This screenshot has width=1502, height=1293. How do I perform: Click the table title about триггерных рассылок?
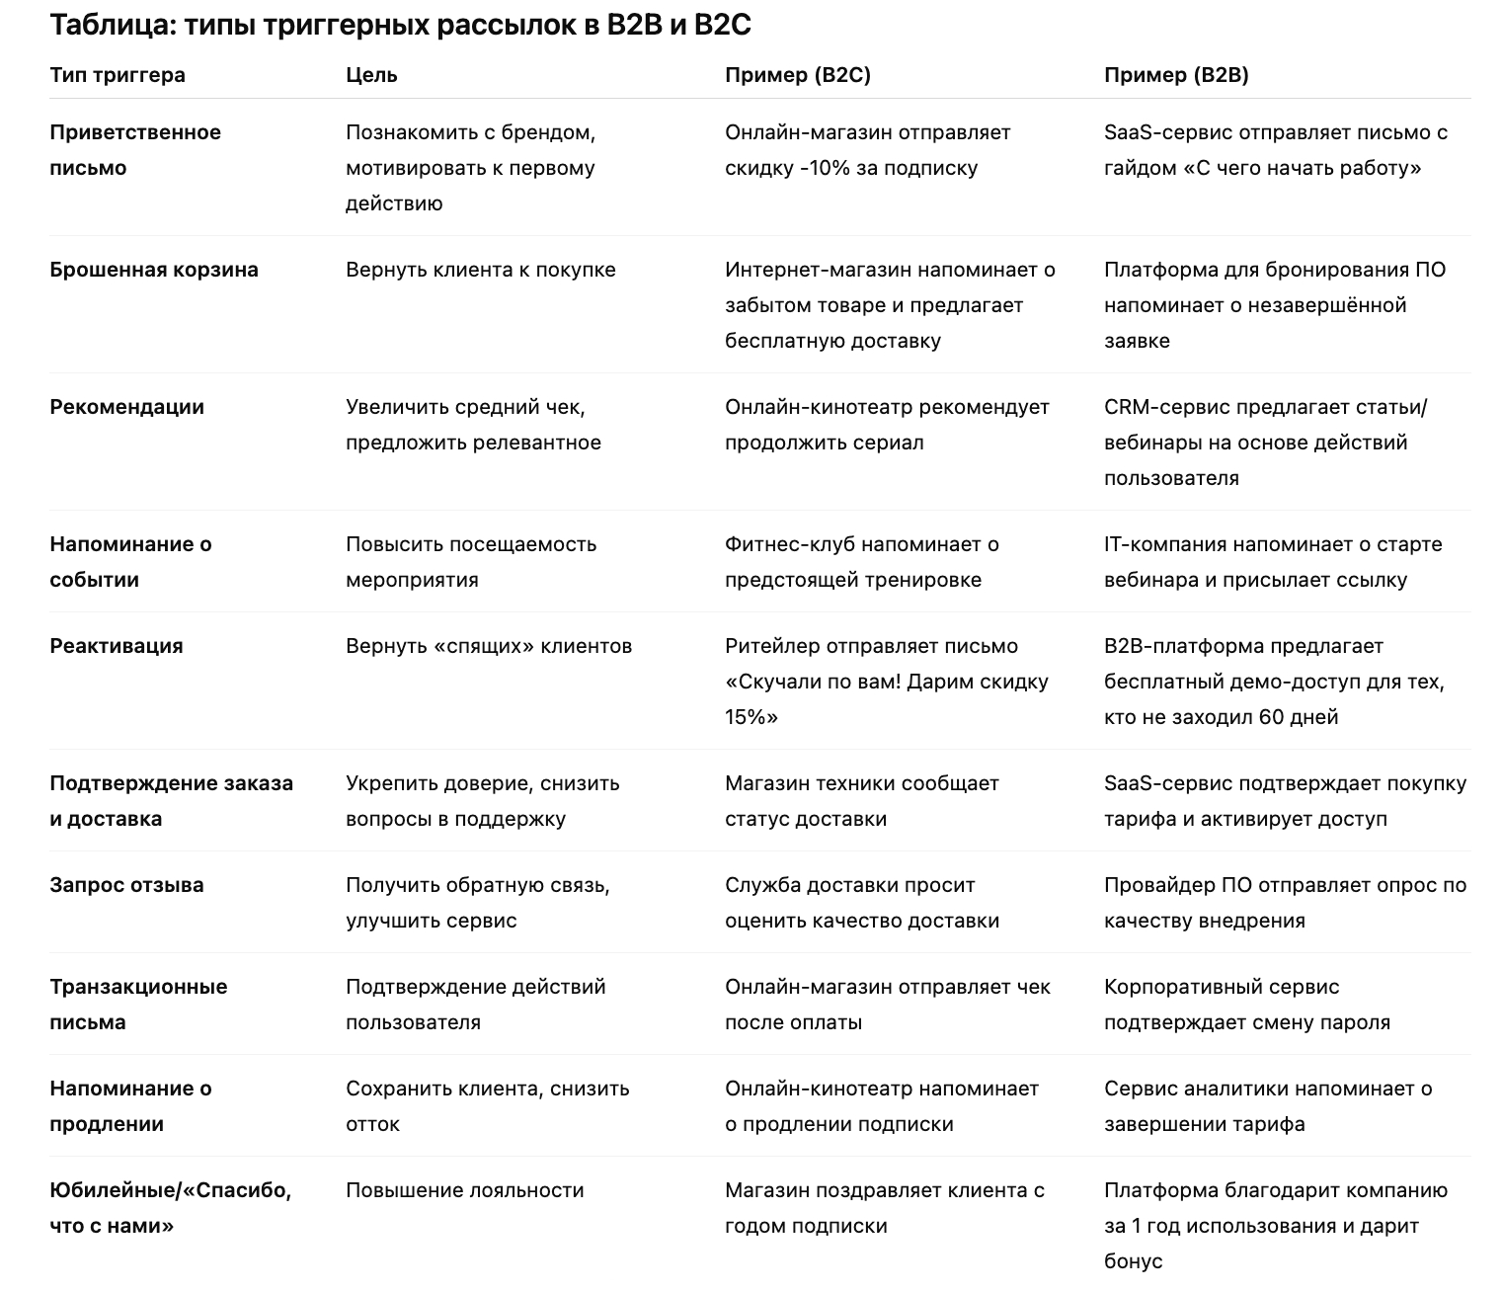tap(400, 25)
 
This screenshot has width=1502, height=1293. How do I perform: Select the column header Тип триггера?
tap(117, 75)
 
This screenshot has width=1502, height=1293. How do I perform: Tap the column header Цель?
tap(371, 75)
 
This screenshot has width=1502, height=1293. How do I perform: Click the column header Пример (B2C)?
tap(797, 75)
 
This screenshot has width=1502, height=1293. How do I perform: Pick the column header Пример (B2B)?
tap(1175, 75)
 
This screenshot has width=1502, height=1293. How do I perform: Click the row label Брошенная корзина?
tap(153, 270)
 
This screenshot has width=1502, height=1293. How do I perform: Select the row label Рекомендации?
tap(126, 407)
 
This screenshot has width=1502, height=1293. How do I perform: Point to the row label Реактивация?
tap(116, 646)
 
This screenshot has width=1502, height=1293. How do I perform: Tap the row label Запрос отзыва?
tap(126, 885)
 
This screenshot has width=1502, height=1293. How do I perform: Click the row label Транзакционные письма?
tap(137, 1004)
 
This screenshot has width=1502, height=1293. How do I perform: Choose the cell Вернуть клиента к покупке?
tap(480, 270)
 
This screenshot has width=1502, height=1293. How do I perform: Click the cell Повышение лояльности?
tap(464, 1190)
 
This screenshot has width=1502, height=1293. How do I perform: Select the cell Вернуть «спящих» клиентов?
tap(488, 646)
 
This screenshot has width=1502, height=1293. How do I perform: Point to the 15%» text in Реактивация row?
tap(751, 717)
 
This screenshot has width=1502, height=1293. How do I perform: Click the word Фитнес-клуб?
tap(789, 544)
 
